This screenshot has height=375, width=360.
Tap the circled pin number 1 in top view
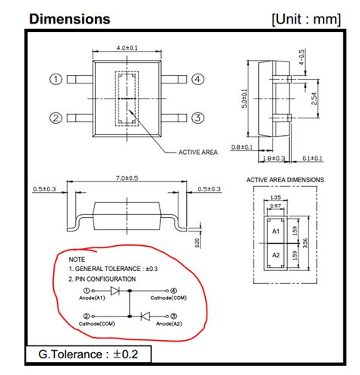pyautogui.click(x=55, y=79)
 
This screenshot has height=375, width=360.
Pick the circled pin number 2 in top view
pyautogui.click(x=55, y=117)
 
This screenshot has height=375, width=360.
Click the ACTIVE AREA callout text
pyautogui.click(x=198, y=152)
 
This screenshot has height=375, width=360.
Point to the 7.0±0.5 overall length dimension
pyautogui.click(x=126, y=180)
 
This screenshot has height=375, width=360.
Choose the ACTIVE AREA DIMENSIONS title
pyautogui.click(x=285, y=180)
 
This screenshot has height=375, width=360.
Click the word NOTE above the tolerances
pyautogui.click(x=77, y=260)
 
